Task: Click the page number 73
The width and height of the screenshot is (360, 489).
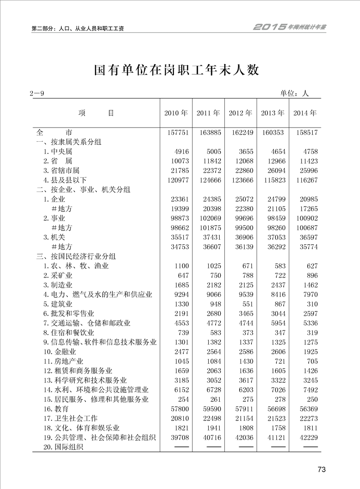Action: click(321, 469)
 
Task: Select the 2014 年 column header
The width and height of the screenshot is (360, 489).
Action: click(305, 113)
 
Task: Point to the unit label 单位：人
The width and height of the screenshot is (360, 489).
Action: click(294, 94)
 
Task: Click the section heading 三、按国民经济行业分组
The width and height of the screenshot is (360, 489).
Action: click(76, 257)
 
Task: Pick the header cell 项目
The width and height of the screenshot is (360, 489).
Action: click(96, 113)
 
